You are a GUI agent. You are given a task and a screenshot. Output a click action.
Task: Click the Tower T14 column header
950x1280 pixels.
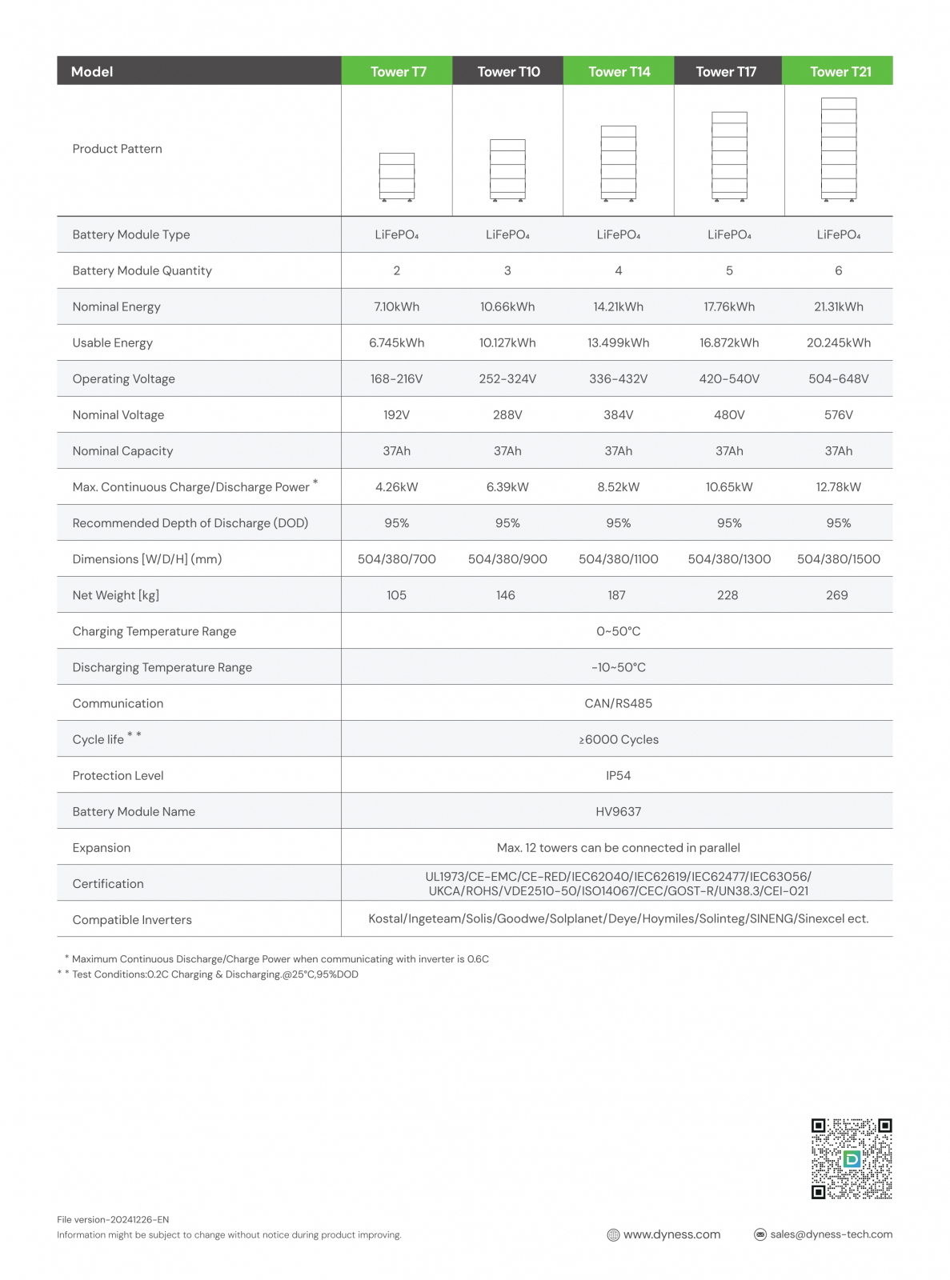[x=619, y=71]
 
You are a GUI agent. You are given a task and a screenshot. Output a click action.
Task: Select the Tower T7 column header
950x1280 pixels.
[x=398, y=71]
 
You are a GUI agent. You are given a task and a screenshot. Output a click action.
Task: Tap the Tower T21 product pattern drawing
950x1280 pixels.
[x=838, y=149]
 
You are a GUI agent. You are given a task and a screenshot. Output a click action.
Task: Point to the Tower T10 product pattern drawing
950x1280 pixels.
[x=507, y=170]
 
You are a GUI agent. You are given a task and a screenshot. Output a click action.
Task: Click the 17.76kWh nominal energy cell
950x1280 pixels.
[x=728, y=306]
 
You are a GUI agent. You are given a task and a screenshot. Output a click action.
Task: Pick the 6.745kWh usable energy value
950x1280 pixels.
[x=396, y=342]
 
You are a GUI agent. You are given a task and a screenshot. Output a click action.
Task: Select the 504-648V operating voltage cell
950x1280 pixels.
[x=838, y=378]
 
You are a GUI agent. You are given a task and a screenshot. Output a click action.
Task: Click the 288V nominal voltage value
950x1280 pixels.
[x=507, y=414]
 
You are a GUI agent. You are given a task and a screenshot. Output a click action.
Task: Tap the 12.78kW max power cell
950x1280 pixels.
[x=838, y=486]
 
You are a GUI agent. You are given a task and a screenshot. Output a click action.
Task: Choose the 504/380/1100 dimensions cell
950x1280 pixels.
[x=618, y=558]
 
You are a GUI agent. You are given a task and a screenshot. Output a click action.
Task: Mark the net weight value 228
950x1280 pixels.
[x=727, y=594]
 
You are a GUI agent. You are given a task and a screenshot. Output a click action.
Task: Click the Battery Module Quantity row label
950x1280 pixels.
[x=142, y=270]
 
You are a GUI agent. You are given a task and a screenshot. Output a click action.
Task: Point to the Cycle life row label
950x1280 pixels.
[x=98, y=739]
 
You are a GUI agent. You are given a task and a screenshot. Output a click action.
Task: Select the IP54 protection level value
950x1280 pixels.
[x=618, y=775]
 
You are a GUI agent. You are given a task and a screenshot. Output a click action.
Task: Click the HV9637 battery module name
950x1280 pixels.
[x=618, y=811]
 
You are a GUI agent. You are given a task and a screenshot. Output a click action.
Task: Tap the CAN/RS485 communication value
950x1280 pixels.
[x=618, y=703]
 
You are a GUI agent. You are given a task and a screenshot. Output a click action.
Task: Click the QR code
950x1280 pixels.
[x=851, y=1158]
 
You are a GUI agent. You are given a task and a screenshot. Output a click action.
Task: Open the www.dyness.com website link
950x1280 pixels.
[x=671, y=1234]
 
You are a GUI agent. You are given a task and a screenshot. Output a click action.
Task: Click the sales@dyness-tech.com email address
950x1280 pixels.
[x=830, y=1234]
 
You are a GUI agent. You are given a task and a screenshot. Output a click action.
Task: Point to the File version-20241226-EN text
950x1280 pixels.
[x=113, y=1219]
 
